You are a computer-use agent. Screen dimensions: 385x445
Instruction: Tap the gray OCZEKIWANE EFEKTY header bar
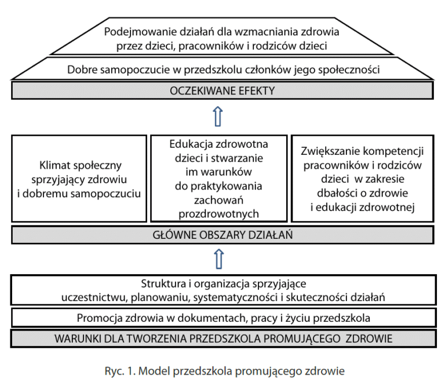222,91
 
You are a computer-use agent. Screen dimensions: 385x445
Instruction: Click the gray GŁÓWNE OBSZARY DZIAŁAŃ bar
222,235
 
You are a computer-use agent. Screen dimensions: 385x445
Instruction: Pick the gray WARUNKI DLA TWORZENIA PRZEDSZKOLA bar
222,338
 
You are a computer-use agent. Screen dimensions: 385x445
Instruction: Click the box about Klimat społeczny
79,179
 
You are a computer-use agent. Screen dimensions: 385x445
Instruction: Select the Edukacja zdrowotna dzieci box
218,179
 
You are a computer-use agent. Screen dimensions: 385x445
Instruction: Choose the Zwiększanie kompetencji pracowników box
363,179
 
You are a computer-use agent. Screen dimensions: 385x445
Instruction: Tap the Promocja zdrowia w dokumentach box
223,318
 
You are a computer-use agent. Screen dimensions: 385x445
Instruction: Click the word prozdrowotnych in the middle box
218,214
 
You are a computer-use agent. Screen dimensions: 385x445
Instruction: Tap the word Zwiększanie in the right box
328,152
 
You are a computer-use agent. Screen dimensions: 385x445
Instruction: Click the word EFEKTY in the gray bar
253,91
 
